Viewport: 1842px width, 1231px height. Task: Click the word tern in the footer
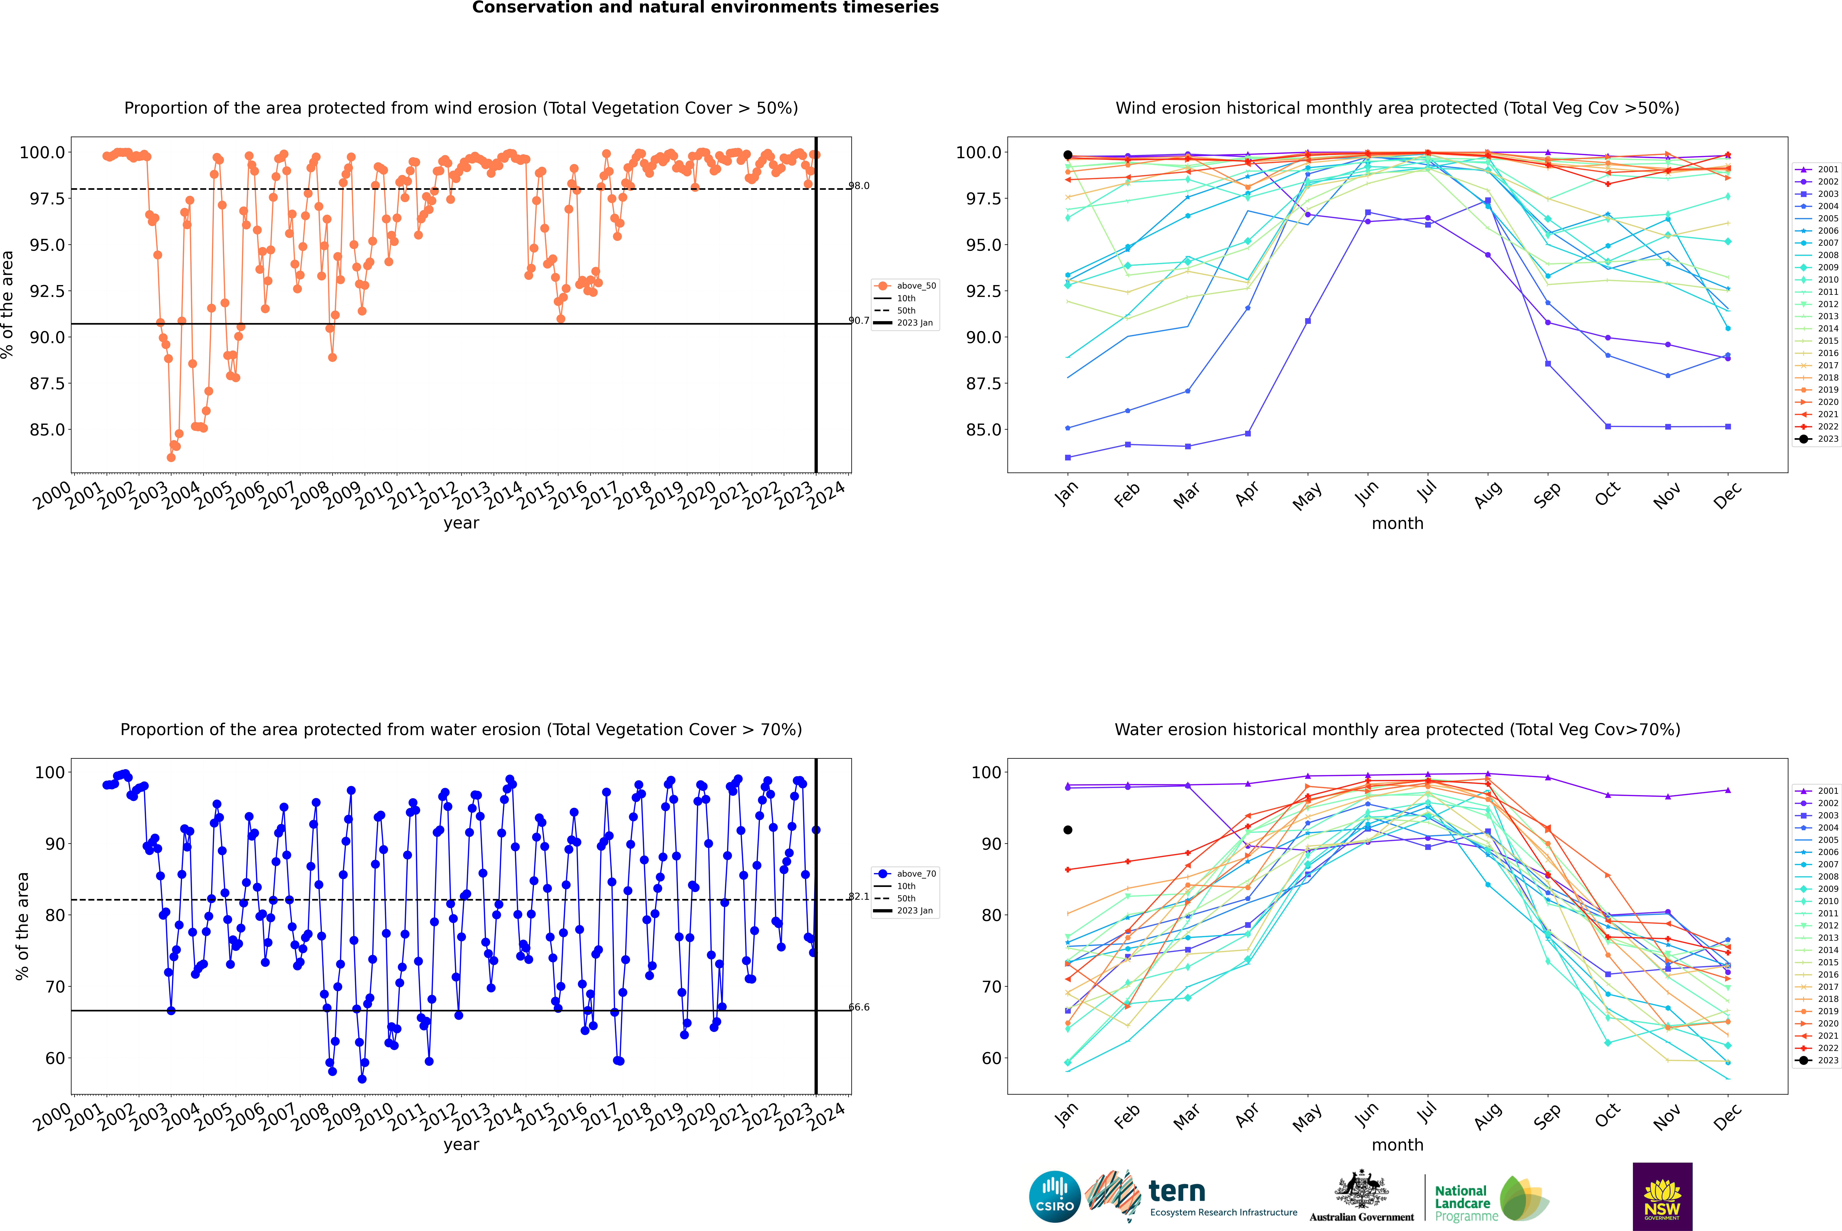[1176, 1191]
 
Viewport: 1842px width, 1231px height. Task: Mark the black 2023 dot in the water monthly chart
[1067, 830]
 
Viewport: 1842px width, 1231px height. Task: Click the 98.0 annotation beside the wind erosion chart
[859, 186]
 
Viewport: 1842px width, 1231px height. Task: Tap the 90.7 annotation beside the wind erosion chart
[859, 320]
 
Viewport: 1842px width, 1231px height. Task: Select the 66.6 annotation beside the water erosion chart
[859, 1007]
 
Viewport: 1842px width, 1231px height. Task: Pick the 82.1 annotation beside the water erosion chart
[859, 897]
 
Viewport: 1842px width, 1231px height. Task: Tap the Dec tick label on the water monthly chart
[1727, 1116]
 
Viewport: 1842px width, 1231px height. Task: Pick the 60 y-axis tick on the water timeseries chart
[49, 1058]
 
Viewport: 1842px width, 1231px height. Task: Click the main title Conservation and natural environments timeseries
[705, 8]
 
